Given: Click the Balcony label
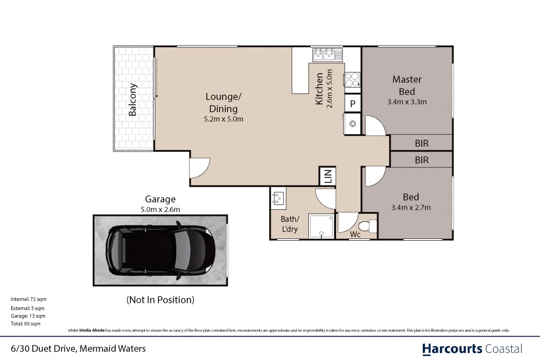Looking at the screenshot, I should (133, 99).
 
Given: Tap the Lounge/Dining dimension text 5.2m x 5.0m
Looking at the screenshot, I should (223, 119).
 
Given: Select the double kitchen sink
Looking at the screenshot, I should (327, 54).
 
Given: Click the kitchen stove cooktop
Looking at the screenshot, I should (352, 80).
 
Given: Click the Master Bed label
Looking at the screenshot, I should (407, 85).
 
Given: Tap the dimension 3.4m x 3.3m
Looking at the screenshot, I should (407, 102).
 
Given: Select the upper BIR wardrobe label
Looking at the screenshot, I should (422, 144).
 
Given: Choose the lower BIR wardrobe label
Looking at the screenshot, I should (422, 160).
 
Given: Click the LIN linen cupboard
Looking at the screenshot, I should (327, 176).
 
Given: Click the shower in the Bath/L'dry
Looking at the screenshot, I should (321, 226).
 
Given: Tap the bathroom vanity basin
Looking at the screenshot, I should (278, 198).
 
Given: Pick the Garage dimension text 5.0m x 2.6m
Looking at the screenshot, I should (160, 209).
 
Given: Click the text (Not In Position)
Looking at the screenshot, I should (160, 300).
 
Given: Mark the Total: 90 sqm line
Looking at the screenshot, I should (26, 324).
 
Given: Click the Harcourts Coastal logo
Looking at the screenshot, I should (472, 349).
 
